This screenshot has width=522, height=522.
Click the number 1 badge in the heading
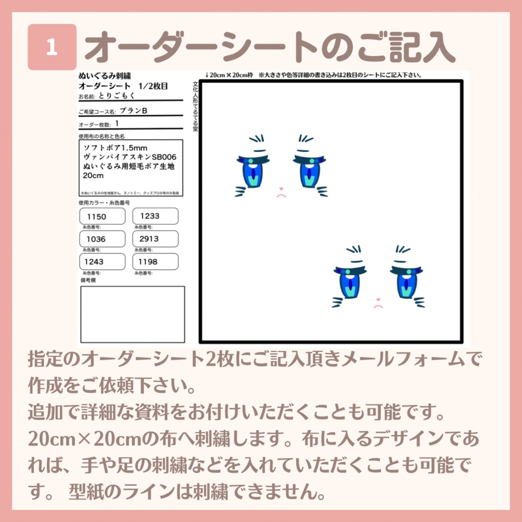click(52, 47)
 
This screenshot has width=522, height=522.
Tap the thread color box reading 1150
click(102, 216)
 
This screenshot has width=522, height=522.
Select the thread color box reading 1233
click(155, 216)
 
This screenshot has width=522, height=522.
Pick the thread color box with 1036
click(102, 239)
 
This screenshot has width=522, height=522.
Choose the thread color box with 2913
click(155, 239)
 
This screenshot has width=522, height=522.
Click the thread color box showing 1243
click(102, 262)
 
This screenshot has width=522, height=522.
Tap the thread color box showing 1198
click(155, 262)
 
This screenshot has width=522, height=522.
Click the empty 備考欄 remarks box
click(133, 314)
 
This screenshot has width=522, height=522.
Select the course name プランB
click(134, 111)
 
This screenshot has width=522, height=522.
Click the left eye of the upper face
click(253, 171)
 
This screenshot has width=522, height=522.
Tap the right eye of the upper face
click(309, 171)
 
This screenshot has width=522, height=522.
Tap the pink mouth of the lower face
click(378, 305)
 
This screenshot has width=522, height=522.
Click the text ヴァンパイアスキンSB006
click(129, 157)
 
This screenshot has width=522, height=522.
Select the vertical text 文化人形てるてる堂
click(195, 105)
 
